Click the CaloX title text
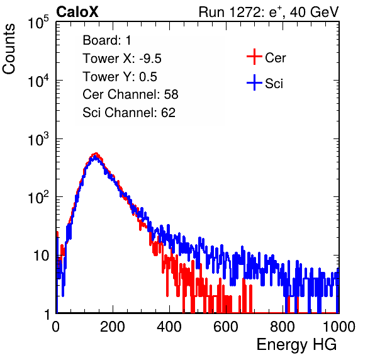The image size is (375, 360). (x=77, y=12)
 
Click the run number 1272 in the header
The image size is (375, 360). (x=245, y=12)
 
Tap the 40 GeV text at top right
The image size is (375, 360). (x=314, y=12)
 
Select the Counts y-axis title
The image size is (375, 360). (x=9, y=49)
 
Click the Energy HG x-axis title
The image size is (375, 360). (x=296, y=345)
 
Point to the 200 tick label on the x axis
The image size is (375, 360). (x=113, y=327)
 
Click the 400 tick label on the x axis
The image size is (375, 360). (x=169, y=327)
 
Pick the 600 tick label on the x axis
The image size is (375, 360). (x=226, y=327)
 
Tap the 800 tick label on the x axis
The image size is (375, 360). (x=283, y=327)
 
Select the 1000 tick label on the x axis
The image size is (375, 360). (x=339, y=327)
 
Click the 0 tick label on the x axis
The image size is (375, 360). (x=56, y=327)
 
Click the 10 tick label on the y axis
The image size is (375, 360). (x=41, y=256)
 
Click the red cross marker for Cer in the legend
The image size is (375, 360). (x=254, y=57)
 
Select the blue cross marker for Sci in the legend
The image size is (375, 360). (x=254, y=83)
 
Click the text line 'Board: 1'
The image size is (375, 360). (x=107, y=40)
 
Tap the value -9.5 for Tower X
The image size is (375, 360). (x=150, y=59)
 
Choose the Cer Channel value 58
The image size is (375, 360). (x=171, y=94)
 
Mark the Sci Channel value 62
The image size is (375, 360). (x=168, y=113)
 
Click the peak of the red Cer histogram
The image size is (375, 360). (x=96, y=154)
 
